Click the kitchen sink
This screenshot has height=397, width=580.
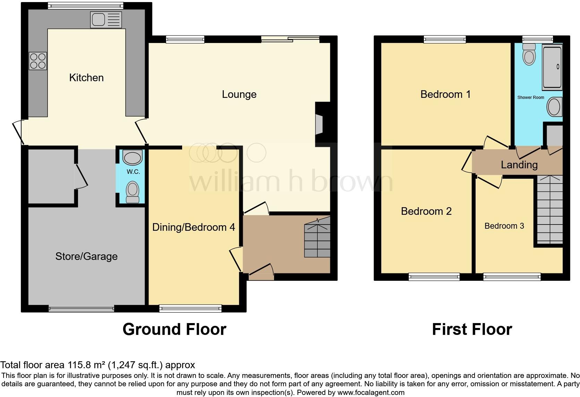coord(106,19)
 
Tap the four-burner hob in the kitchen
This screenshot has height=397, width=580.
coord(38,61)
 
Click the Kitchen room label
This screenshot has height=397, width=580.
coord(86,77)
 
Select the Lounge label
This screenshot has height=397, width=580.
coord(239,94)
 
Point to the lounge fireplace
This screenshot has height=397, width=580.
coord(319,124)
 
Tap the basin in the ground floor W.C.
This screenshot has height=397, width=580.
coord(133,158)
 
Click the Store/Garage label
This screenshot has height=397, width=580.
coord(86,256)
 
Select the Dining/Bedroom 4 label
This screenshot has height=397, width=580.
coord(194,227)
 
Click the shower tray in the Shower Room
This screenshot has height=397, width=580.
coord(552,67)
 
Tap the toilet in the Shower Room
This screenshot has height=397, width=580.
coord(529,55)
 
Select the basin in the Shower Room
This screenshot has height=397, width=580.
coord(554,107)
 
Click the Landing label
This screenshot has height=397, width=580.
coord(519,164)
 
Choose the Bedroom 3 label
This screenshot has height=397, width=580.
coord(504,226)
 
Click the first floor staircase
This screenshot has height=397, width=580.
coord(549,210)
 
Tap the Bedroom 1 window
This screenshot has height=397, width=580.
coord(445,40)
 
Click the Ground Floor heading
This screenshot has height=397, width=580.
coord(174,329)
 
